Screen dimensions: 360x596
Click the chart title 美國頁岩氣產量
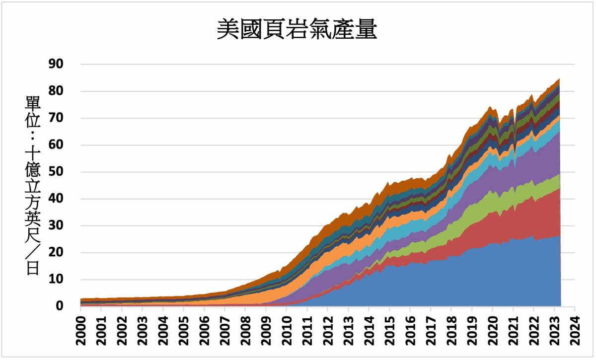[297, 30]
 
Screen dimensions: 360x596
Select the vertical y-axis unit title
[32, 186]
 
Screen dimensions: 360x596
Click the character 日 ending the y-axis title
[32, 269]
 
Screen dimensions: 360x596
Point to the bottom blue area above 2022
[533, 278]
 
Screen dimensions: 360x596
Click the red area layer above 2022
[533, 218]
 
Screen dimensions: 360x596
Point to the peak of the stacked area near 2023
[559, 79]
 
